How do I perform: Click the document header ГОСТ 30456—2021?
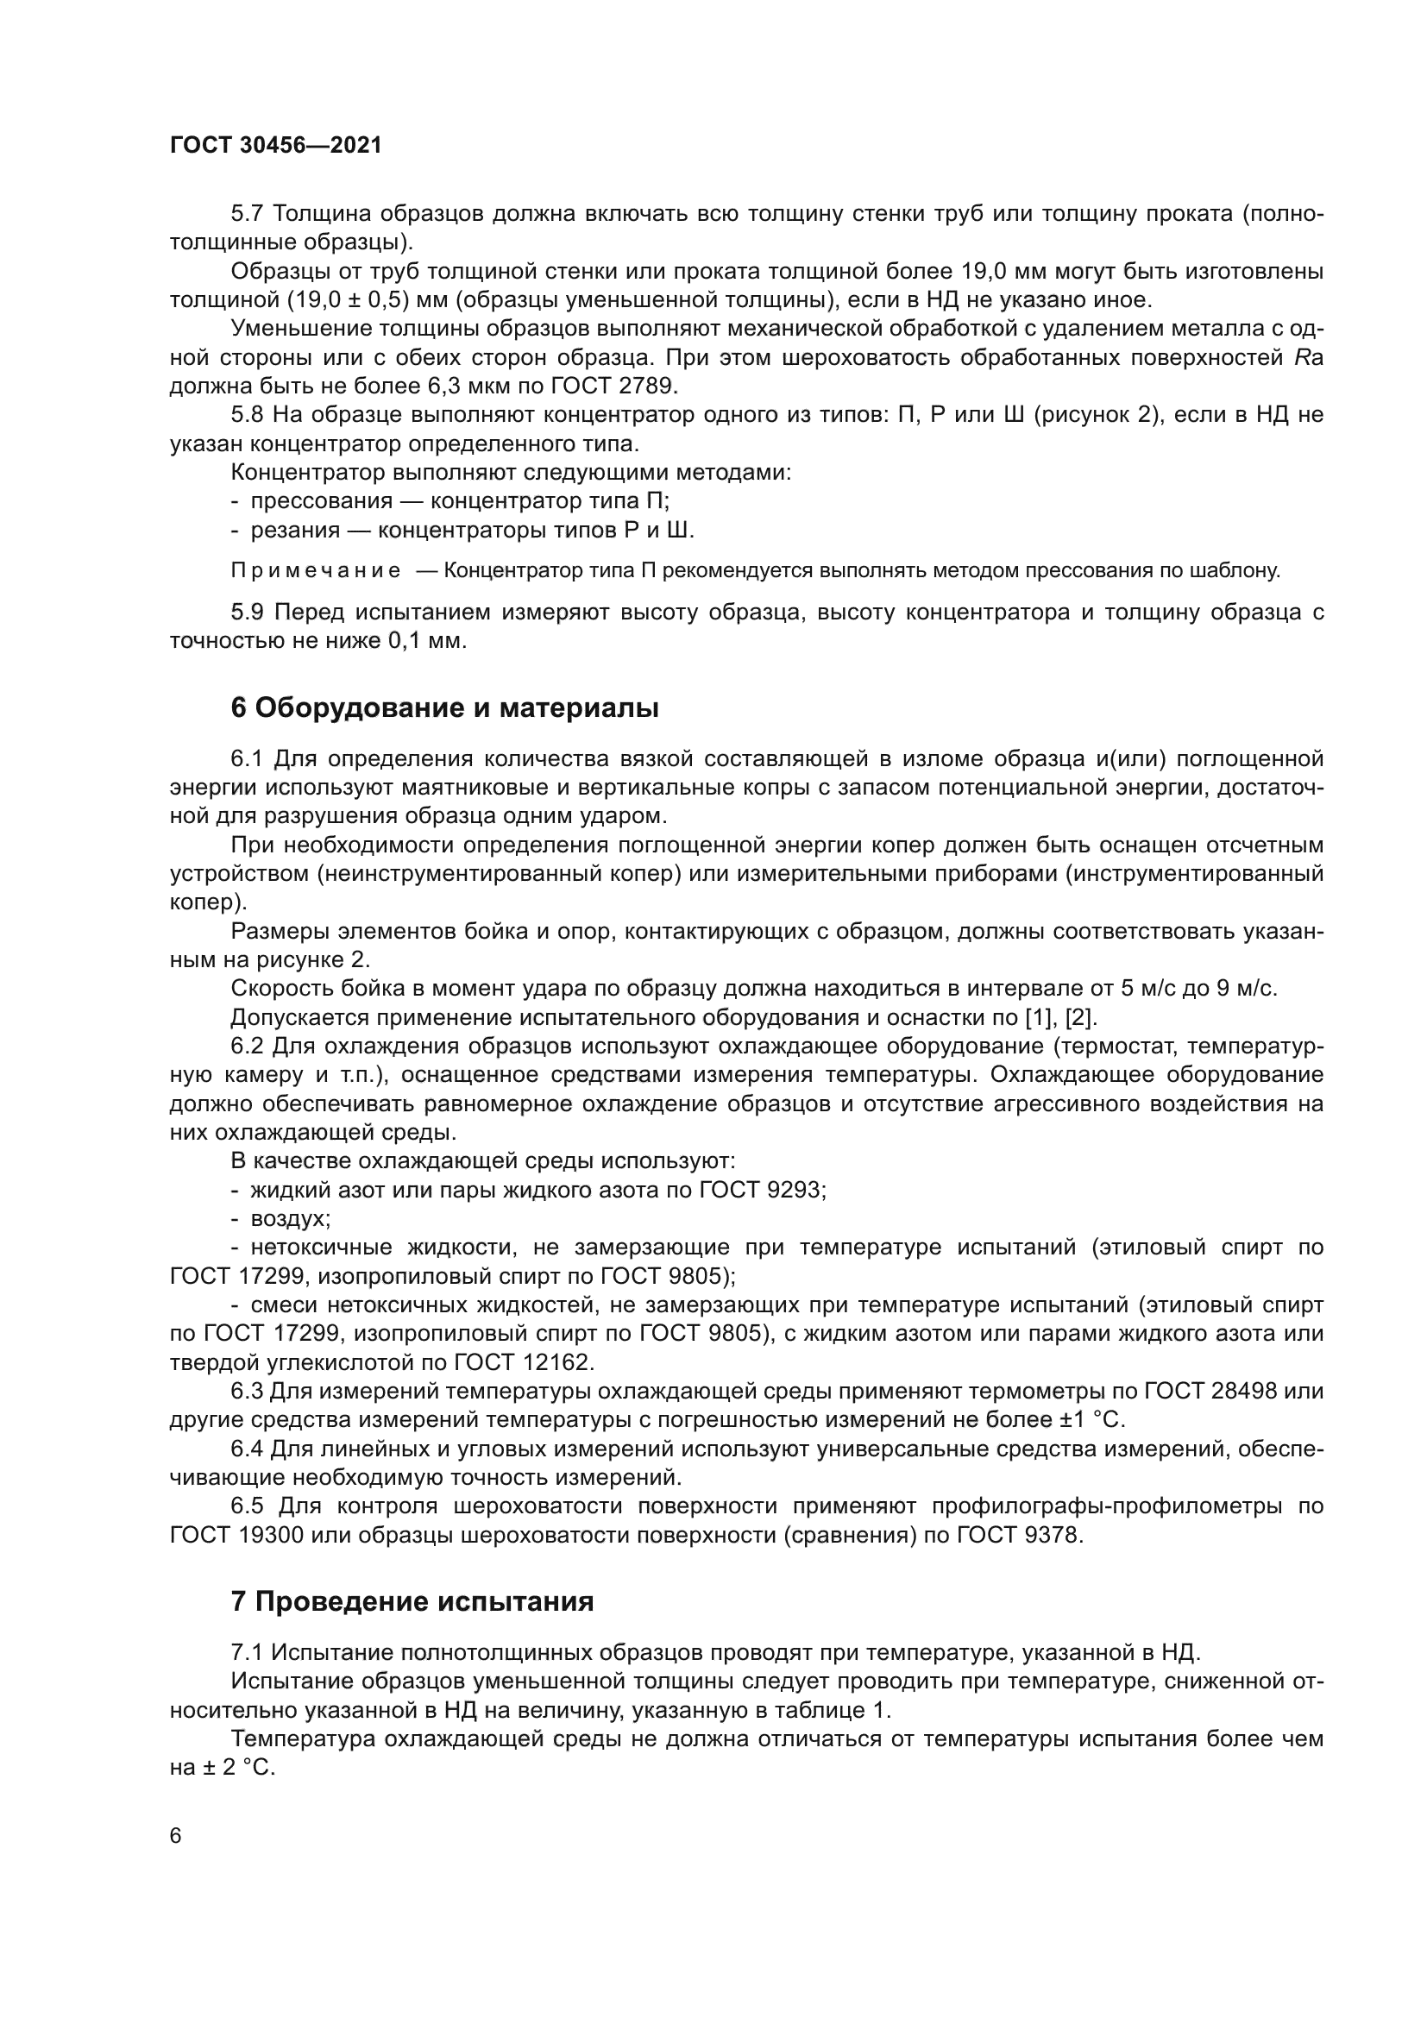pos(276,146)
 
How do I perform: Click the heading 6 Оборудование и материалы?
pos(444,707)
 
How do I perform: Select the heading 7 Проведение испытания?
pos(412,1601)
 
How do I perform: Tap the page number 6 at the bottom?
pos(176,1836)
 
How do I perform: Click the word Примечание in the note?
pos(316,571)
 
